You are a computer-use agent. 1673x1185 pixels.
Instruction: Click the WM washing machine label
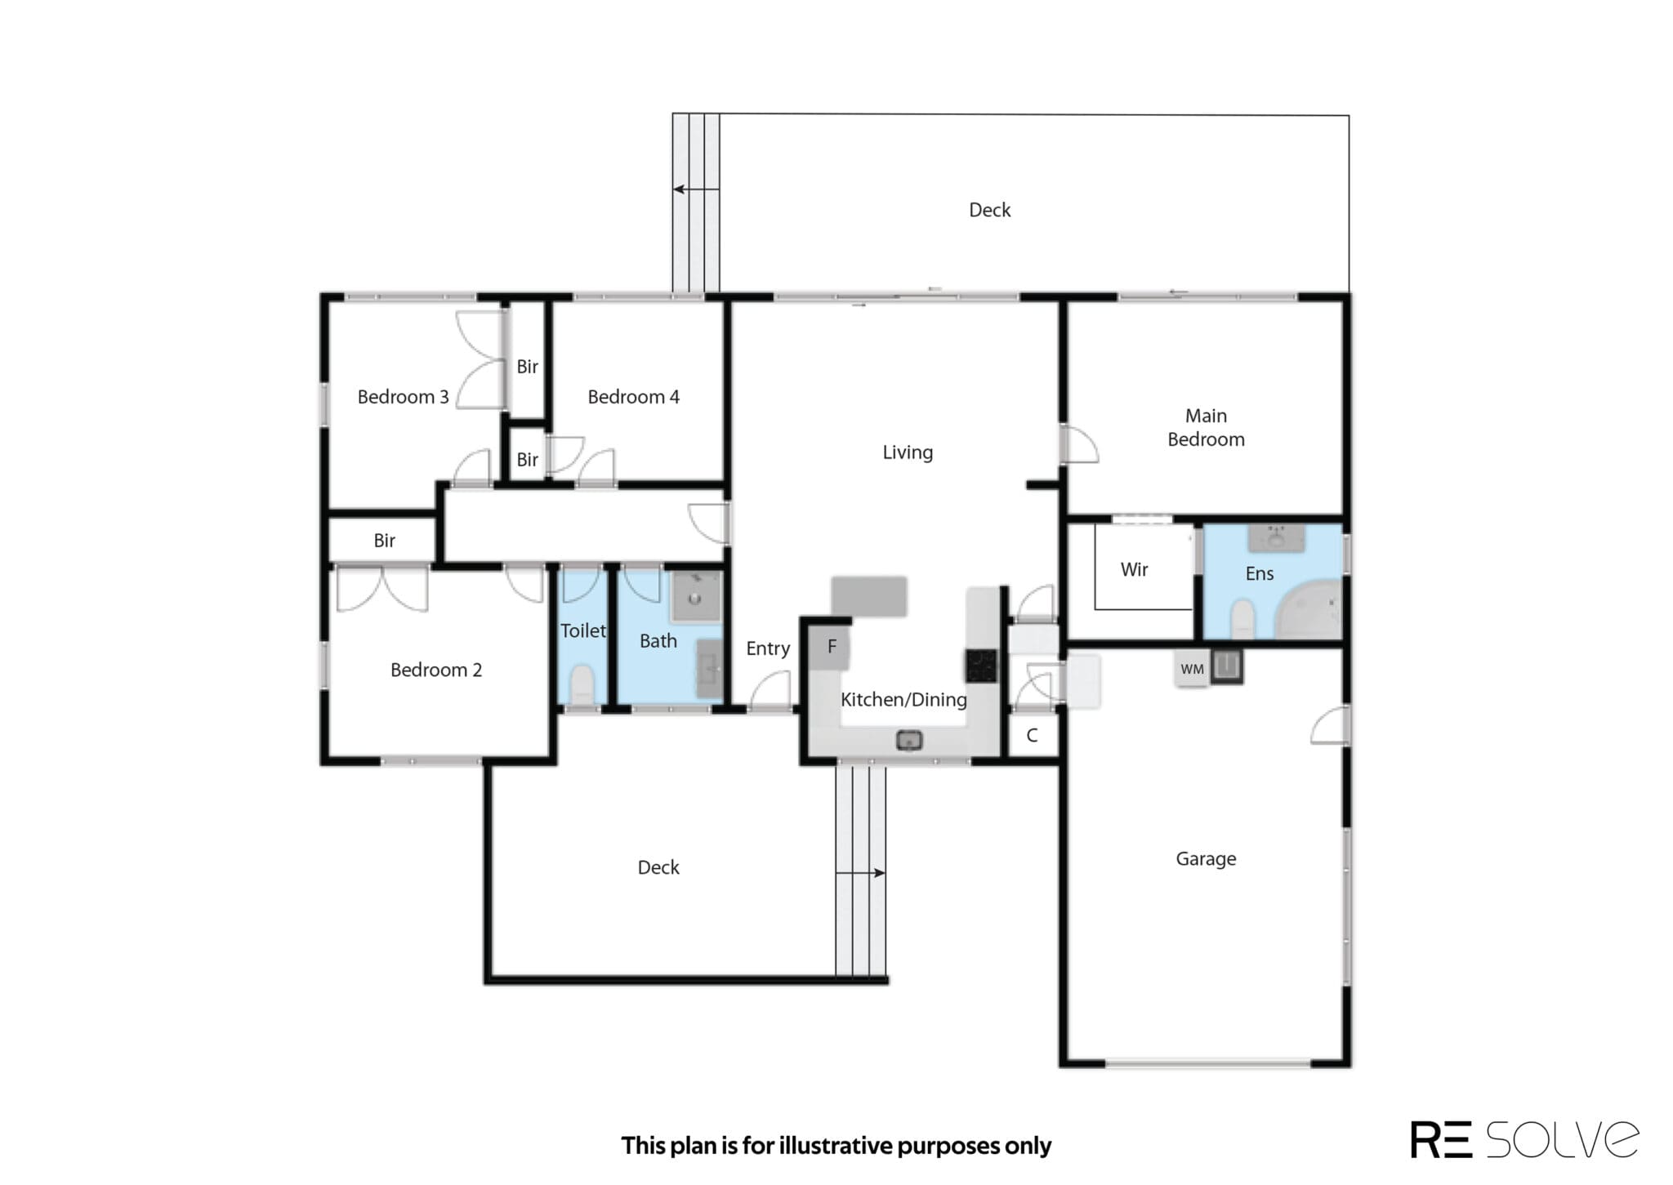1192,669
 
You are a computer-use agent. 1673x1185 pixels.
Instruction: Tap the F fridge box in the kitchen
830,648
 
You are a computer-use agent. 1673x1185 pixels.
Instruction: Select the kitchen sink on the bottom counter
909,741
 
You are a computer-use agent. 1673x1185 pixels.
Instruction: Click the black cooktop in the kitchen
981,666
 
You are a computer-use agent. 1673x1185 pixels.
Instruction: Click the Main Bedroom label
1206,428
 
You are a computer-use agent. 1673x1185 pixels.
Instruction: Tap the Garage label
1206,859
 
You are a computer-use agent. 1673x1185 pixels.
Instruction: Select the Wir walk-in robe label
1134,569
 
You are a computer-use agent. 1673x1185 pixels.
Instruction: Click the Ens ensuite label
1259,573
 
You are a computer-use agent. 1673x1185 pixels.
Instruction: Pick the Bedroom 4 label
633,397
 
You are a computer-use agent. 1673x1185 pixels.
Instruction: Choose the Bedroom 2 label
435,670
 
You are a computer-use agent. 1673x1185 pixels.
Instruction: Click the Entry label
768,648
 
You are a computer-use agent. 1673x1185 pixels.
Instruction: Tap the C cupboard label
1032,735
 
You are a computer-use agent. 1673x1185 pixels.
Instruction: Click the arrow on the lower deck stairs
860,873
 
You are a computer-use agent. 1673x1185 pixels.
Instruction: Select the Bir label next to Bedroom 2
384,540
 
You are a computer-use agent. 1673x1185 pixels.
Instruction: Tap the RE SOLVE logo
1524,1139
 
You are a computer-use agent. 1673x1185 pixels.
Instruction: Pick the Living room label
908,452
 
